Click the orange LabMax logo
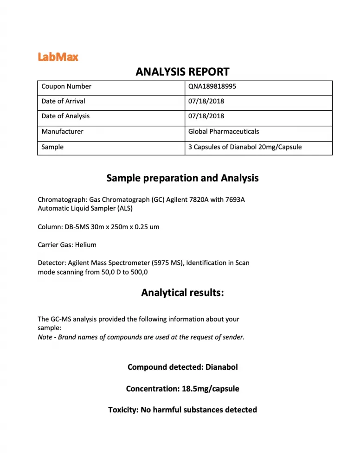click(x=58, y=57)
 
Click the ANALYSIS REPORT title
click(x=182, y=71)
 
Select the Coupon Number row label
click(x=66, y=86)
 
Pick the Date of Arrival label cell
click(x=63, y=101)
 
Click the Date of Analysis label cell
click(x=65, y=116)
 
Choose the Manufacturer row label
click(x=62, y=131)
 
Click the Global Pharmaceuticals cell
click(x=224, y=131)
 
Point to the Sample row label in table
click(x=52, y=147)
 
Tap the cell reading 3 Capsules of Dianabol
click(x=245, y=147)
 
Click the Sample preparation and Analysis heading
click(x=182, y=178)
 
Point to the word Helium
click(x=86, y=244)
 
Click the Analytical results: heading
click(x=182, y=293)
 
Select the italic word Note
click(x=45, y=337)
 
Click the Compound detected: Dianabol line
click(x=182, y=367)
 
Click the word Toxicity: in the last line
click(x=122, y=410)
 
